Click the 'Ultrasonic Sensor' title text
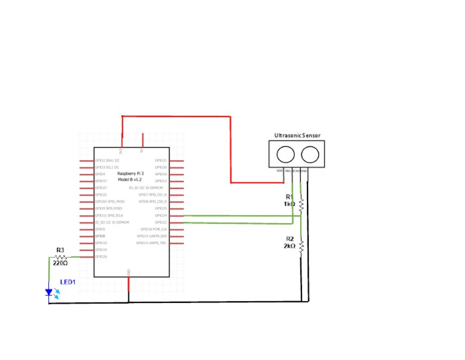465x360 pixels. tap(297, 136)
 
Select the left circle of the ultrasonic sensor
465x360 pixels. tap(286, 155)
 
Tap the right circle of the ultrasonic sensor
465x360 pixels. tap(309, 155)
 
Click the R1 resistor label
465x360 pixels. tap(289, 197)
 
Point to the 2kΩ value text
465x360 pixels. tap(289, 246)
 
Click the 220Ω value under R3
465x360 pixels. tap(60, 263)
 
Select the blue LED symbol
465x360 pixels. tap(50, 293)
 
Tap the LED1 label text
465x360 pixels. tap(68, 282)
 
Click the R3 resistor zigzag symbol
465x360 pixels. tap(60, 257)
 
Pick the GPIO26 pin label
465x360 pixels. tap(101, 257)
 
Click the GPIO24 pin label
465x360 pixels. tap(160, 215)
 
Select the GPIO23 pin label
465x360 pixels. tap(160, 222)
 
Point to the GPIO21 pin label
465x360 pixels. tap(160, 161)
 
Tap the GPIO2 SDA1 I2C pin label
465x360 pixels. tap(107, 161)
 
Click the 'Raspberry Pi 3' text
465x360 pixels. tap(130, 174)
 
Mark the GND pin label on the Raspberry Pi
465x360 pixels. tap(128, 272)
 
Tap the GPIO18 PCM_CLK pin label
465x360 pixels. tap(153, 229)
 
